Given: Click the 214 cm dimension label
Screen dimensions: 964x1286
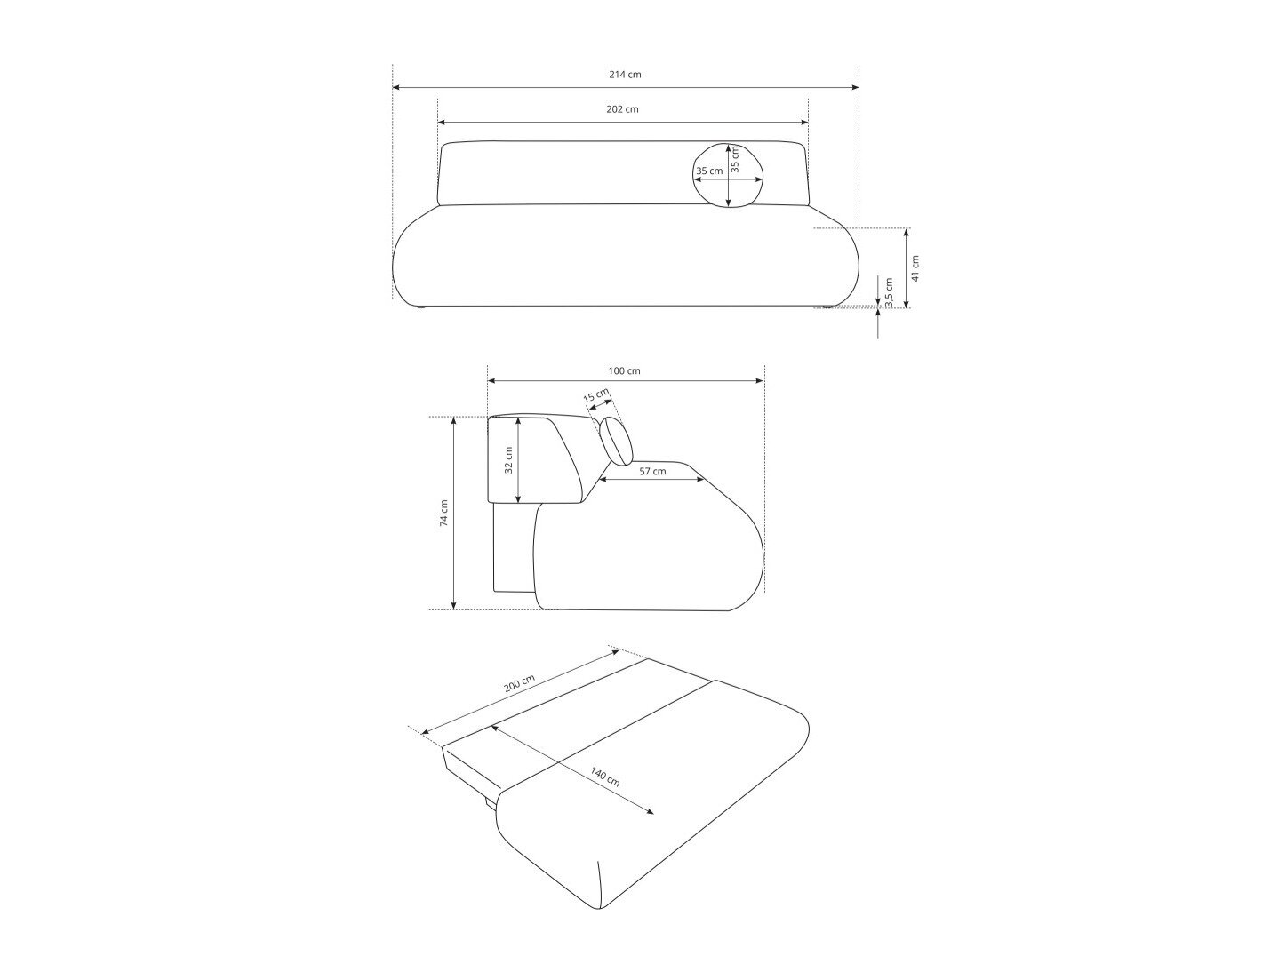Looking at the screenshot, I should pyautogui.click(x=624, y=75).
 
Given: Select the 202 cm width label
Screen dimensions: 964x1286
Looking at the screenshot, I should pyautogui.click(x=622, y=109).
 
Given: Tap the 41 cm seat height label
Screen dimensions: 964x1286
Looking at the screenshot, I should pyautogui.click(x=915, y=267).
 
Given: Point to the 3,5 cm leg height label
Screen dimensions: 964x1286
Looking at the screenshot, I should pyautogui.click(x=889, y=291).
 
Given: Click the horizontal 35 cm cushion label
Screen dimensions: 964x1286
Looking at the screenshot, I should pyautogui.click(x=709, y=171).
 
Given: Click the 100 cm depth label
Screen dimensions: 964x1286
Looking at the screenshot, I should pyautogui.click(x=624, y=370).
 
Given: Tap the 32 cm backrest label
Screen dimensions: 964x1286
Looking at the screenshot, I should pyautogui.click(x=509, y=459).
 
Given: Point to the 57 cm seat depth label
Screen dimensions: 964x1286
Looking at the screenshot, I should pyautogui.click(x=652, y=471).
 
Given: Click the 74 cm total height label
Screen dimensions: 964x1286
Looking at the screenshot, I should pyautogui.click(x=444, y=513).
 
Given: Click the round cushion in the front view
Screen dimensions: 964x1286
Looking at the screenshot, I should pyautogui.click(x=728, y=176).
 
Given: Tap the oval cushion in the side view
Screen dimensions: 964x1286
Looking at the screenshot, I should pyautogui.click(x=616, y=442).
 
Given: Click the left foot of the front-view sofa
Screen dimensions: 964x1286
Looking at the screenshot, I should pyautogui.click(x=419, y=308).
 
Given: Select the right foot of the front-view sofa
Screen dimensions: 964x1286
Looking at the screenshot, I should pyautogui.click(x=827, y=308).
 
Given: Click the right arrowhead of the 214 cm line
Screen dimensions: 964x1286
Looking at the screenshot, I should pyautogui.click(x=855, y=88).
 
